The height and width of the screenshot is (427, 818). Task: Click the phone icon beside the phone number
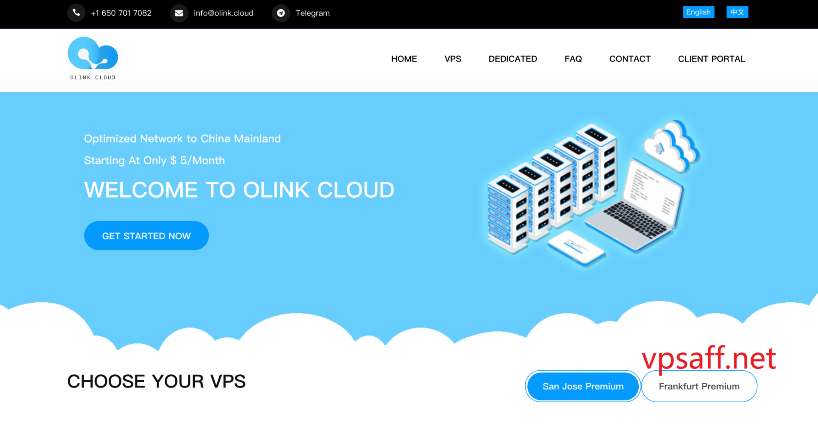[x=76, y=13]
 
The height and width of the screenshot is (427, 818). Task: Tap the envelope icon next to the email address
[x=179, y=13]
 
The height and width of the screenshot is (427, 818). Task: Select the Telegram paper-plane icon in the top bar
[x=281, y=13]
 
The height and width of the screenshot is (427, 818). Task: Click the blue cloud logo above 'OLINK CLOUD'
[x=93, y=53]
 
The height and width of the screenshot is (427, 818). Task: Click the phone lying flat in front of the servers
[x=576, y=248]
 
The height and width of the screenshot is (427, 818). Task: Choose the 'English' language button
[x=698, y=12]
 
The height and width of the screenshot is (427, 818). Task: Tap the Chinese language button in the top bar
[x=737, y=12]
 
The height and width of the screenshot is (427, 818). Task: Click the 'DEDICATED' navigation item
[x=513, y=59]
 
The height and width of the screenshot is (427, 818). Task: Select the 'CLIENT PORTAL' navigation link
[x=711, y=59]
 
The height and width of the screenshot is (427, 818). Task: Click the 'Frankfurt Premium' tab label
[x=699, y=386]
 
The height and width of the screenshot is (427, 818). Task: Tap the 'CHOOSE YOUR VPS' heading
[x=157, y=381]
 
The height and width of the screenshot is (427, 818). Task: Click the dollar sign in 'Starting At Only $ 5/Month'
[x=173, y=161]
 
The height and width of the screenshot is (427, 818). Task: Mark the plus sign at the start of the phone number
[x=93, y=14]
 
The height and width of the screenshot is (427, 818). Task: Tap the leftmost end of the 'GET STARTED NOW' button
[x=85, y=236]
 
